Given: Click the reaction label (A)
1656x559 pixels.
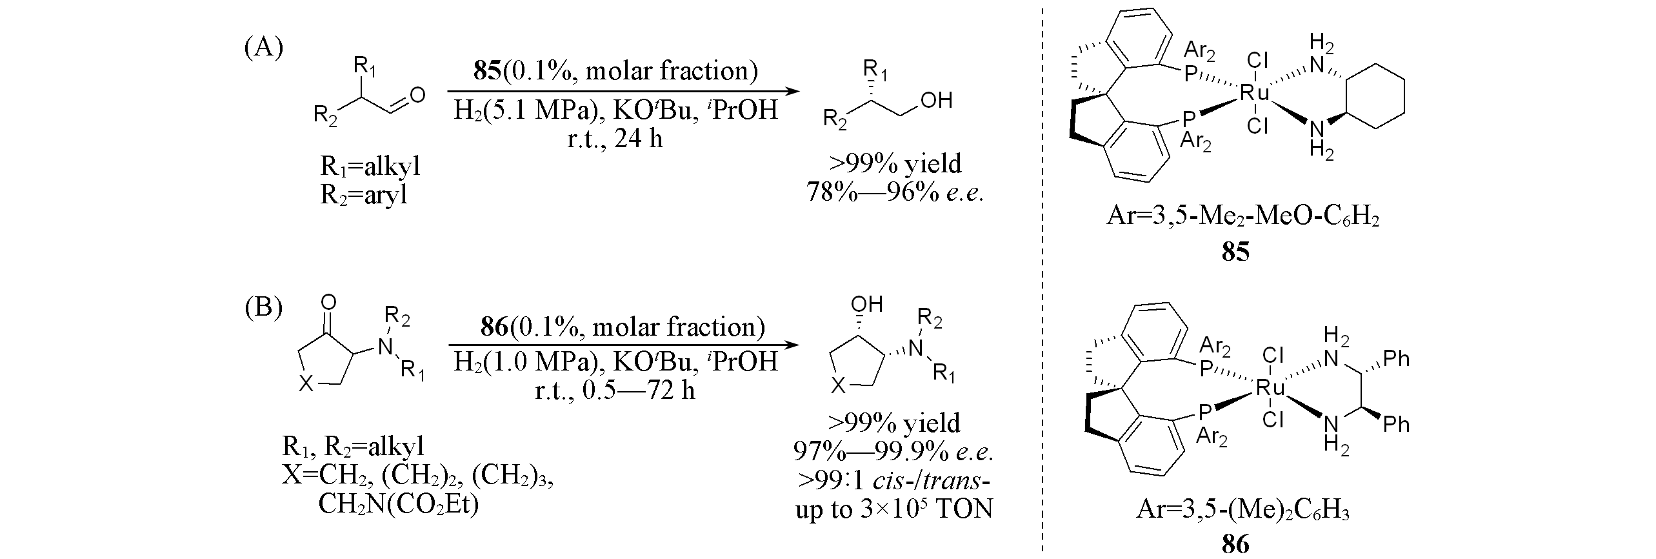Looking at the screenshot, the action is [x=264, y=48].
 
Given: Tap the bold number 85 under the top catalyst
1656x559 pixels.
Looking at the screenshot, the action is [x=1235, y=251].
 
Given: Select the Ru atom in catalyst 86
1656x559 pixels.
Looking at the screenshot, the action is [x=1271, y=387].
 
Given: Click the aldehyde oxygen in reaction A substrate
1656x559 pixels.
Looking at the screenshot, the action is [x=417, y=96].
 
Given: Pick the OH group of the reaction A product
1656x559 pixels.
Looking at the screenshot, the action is [x=936, y=101].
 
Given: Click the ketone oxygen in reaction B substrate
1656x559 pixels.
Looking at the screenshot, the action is [x=328, y=302].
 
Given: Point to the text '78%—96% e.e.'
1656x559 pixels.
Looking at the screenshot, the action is [x=895, y=192].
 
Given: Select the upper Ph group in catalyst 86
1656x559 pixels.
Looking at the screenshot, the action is [x=1396, y=359].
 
